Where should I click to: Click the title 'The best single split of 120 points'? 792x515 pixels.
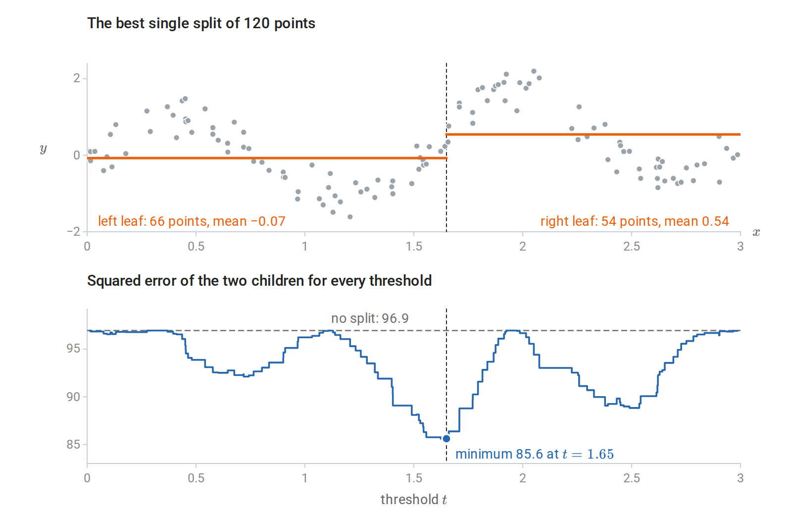pyautogui.click(x=201, y=24)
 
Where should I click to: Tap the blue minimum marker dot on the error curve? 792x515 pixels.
pyautogui.click(x=446, y=439)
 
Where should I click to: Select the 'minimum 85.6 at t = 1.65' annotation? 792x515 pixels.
pyautogui.click(x=534, y=454)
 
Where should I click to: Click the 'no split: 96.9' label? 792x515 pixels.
pyautogui.click(x=370, y=318)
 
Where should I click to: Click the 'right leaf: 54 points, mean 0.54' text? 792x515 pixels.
pyautogui.click(x=635, y=221)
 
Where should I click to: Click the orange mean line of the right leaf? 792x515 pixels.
pyautogui.click(x=594, y=134)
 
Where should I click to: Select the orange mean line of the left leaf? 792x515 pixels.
pyautogui.click(x=267, y=158)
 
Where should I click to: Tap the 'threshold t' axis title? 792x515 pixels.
pyautogui.click(x=414, y=500)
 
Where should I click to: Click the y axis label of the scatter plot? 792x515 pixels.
pyautogui.click(x=43, y=149)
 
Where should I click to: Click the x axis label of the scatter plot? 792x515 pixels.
pyautogui.click(x=756, y=232)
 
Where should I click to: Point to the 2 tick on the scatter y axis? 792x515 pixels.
pyautogui.click(x=77, y=78)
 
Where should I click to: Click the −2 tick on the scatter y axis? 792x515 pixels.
pyautogui.click(x=74, y=232)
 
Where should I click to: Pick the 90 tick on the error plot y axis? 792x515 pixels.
pyautogui.click(x=74, y=397)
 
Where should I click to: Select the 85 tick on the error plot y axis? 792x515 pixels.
pyautogui.click(x=74, y=445)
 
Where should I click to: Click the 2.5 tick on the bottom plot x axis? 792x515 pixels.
pyautogui.click(x=632, y=478)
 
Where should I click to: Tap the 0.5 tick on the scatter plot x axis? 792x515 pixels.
pyautogui.click(x=196, y=247)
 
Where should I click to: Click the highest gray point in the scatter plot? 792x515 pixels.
pyautogui.click(x=534, y=71)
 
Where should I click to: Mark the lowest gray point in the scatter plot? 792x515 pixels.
pyautogui.click(x=350, y=217)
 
